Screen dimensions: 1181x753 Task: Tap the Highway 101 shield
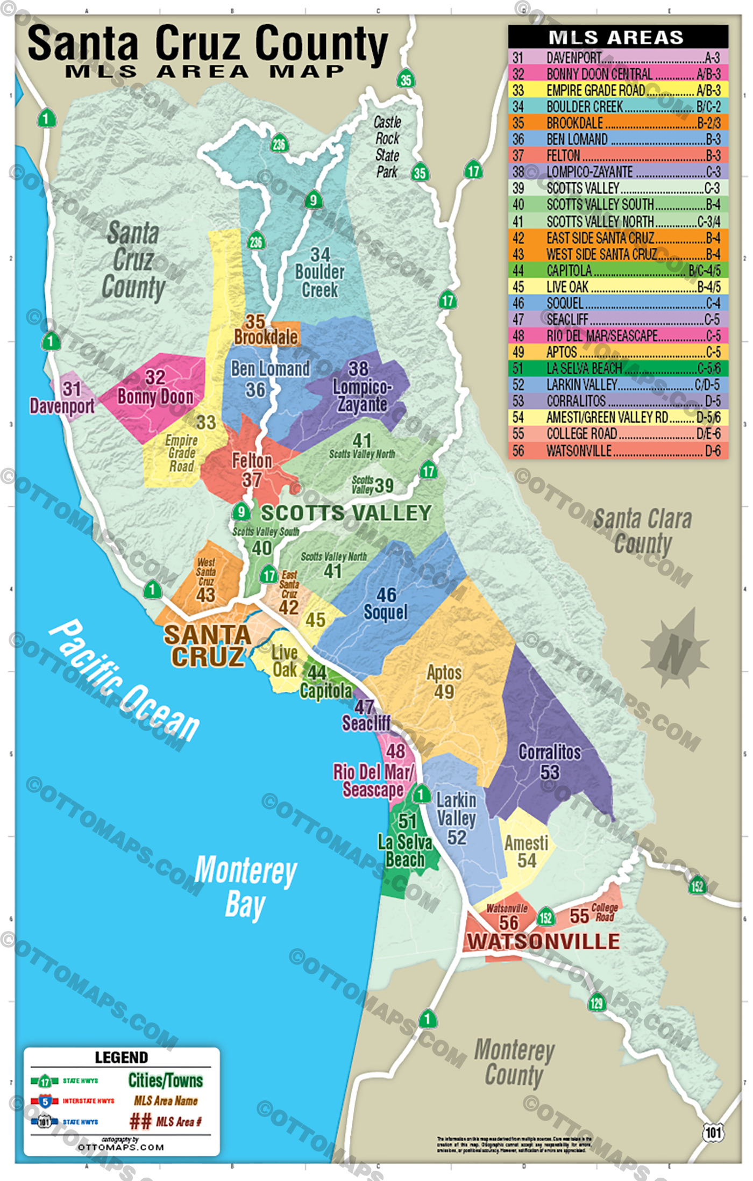click(713, 1132)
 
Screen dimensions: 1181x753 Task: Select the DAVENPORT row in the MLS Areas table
click(618, 58)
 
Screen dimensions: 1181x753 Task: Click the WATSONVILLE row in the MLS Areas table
click(618, 450)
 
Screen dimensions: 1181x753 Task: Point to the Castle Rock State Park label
click(387, 147)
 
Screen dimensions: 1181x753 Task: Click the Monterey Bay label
click(245, 886)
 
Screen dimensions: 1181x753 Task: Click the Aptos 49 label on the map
click(444, 682)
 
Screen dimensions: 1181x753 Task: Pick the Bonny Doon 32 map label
click(155, 388)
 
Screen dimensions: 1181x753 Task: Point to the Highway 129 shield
click(596, 1002)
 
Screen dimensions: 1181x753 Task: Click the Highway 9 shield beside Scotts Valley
click(241, 511)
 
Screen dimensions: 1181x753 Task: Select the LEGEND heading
click(121, 1057)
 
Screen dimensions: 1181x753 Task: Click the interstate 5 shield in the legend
click(45, 1101)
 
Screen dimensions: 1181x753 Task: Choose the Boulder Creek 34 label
click(319, 272)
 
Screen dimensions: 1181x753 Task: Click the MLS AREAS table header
click(618, 37)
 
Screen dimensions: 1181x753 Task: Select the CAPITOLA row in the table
click(618, 270)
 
